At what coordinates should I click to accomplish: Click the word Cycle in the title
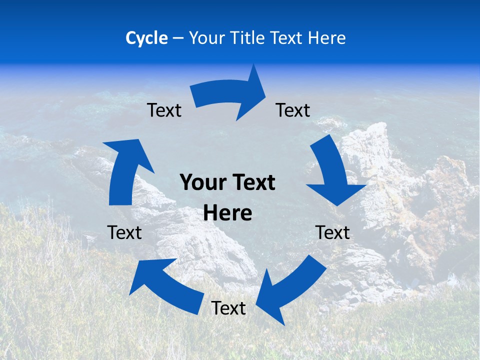click(146, 38)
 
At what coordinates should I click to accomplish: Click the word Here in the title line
click(327, 38)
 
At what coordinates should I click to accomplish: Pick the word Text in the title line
click(286, 38)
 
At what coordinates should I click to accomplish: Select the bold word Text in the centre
click(252, 183)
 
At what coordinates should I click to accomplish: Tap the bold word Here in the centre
click(227, 213)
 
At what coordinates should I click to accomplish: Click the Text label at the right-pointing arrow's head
click(293, 110)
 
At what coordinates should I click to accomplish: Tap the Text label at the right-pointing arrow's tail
click(164, 110)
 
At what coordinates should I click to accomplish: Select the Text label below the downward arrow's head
click(332, 232)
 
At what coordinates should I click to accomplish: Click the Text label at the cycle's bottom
click(228, 308)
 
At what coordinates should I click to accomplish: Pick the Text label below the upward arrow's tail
click(124, 232)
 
